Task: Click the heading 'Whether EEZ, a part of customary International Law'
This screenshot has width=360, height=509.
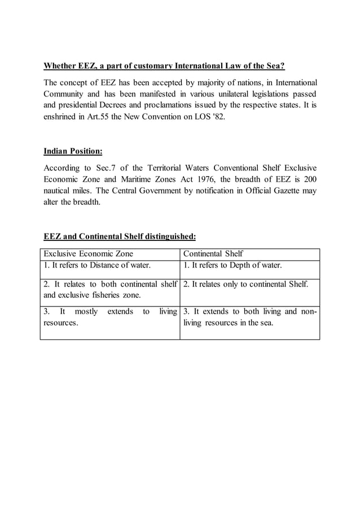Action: pyautogui.click(x=164, y=66)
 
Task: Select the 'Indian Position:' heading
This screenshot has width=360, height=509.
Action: pyautogui.click(x=73, y=151)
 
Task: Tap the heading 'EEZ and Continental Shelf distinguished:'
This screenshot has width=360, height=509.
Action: pyautogui.click(x=120, y=236)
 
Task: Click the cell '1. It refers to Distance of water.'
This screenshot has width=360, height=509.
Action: pyautogui.click(x=96, y=266)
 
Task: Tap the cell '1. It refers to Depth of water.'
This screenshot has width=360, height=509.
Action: pyautogui.click(x=232, y=266)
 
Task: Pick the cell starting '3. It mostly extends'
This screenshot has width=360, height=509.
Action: pyautogui.click(x=109, y=317)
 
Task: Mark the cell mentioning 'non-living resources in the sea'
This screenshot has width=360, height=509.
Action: pyautogui.click(x=249, y=317)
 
